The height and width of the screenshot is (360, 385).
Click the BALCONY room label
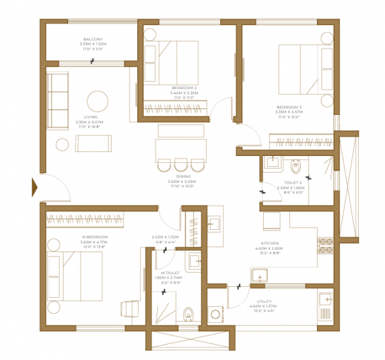click(x=93, y=39)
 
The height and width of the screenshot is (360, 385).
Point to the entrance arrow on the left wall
click(x=36, y=187)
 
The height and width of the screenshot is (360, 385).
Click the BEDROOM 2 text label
click(x=184, y=87)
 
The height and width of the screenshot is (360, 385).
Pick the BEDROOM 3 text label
click(x=289, y=107)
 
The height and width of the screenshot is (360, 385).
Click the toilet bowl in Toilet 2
click(x=296, y=166)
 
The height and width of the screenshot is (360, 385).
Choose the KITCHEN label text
click(x=269, y=244)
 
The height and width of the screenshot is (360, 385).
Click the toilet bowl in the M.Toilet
click(x=188, y=314)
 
